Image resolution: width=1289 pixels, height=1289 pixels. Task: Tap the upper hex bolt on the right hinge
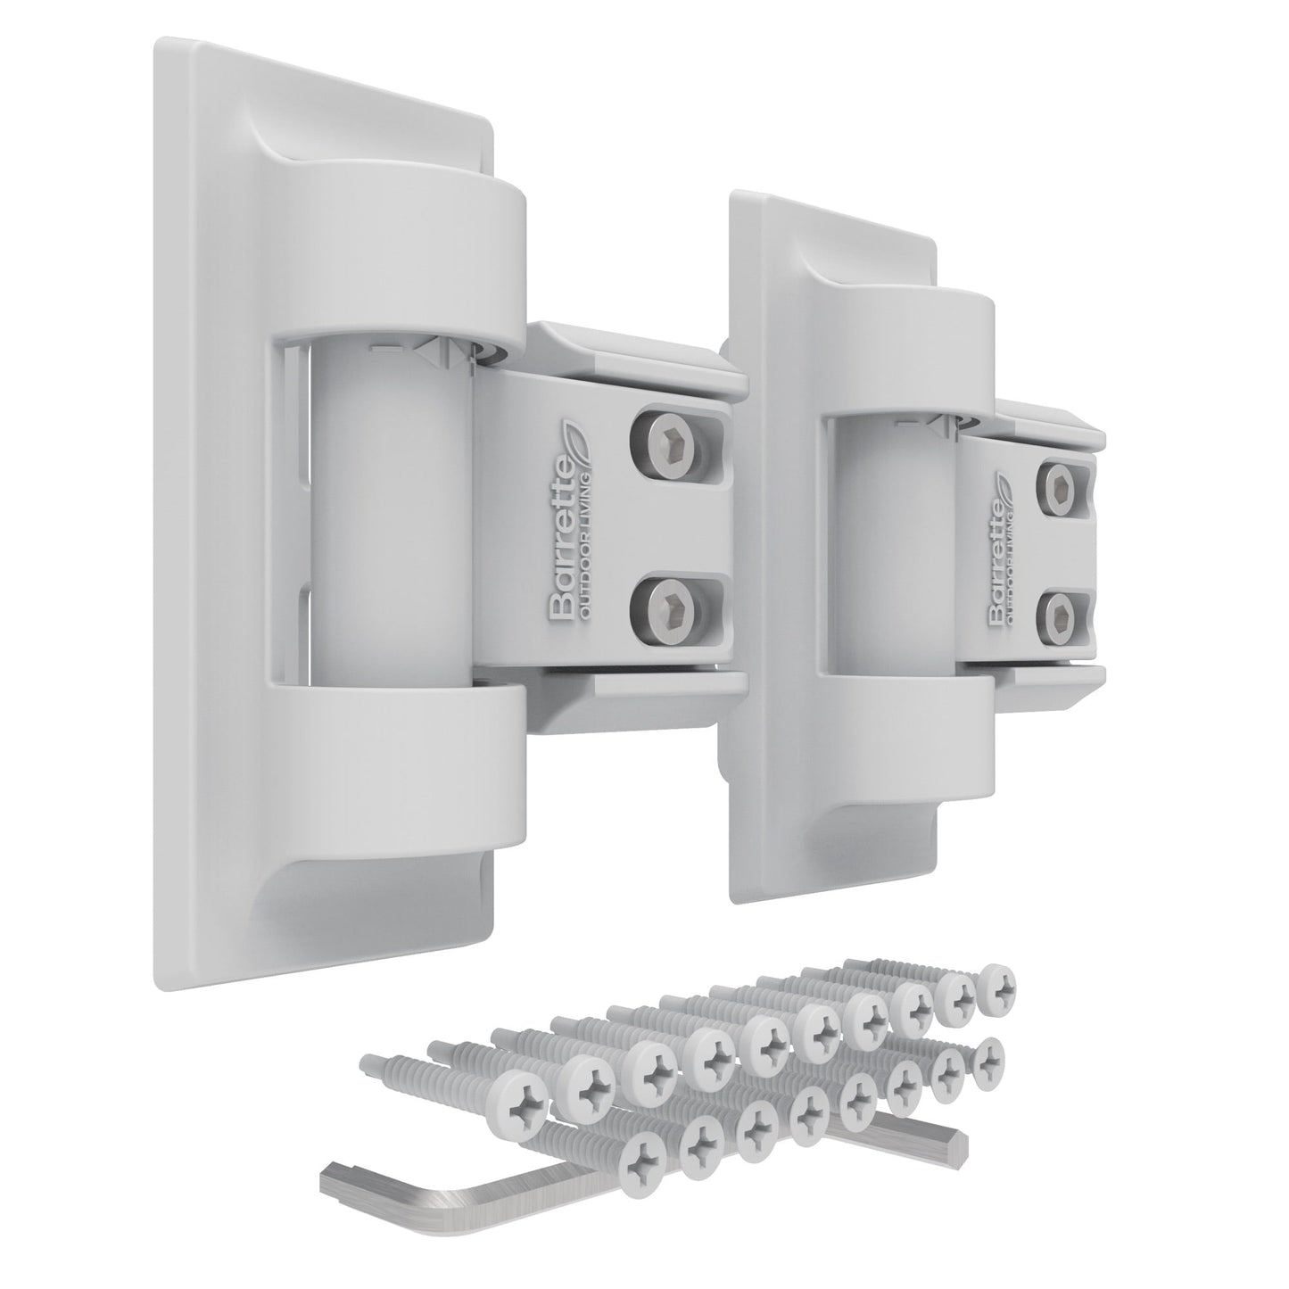coord(1062,487)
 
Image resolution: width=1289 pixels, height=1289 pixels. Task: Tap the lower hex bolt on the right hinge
coord(1062,616)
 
